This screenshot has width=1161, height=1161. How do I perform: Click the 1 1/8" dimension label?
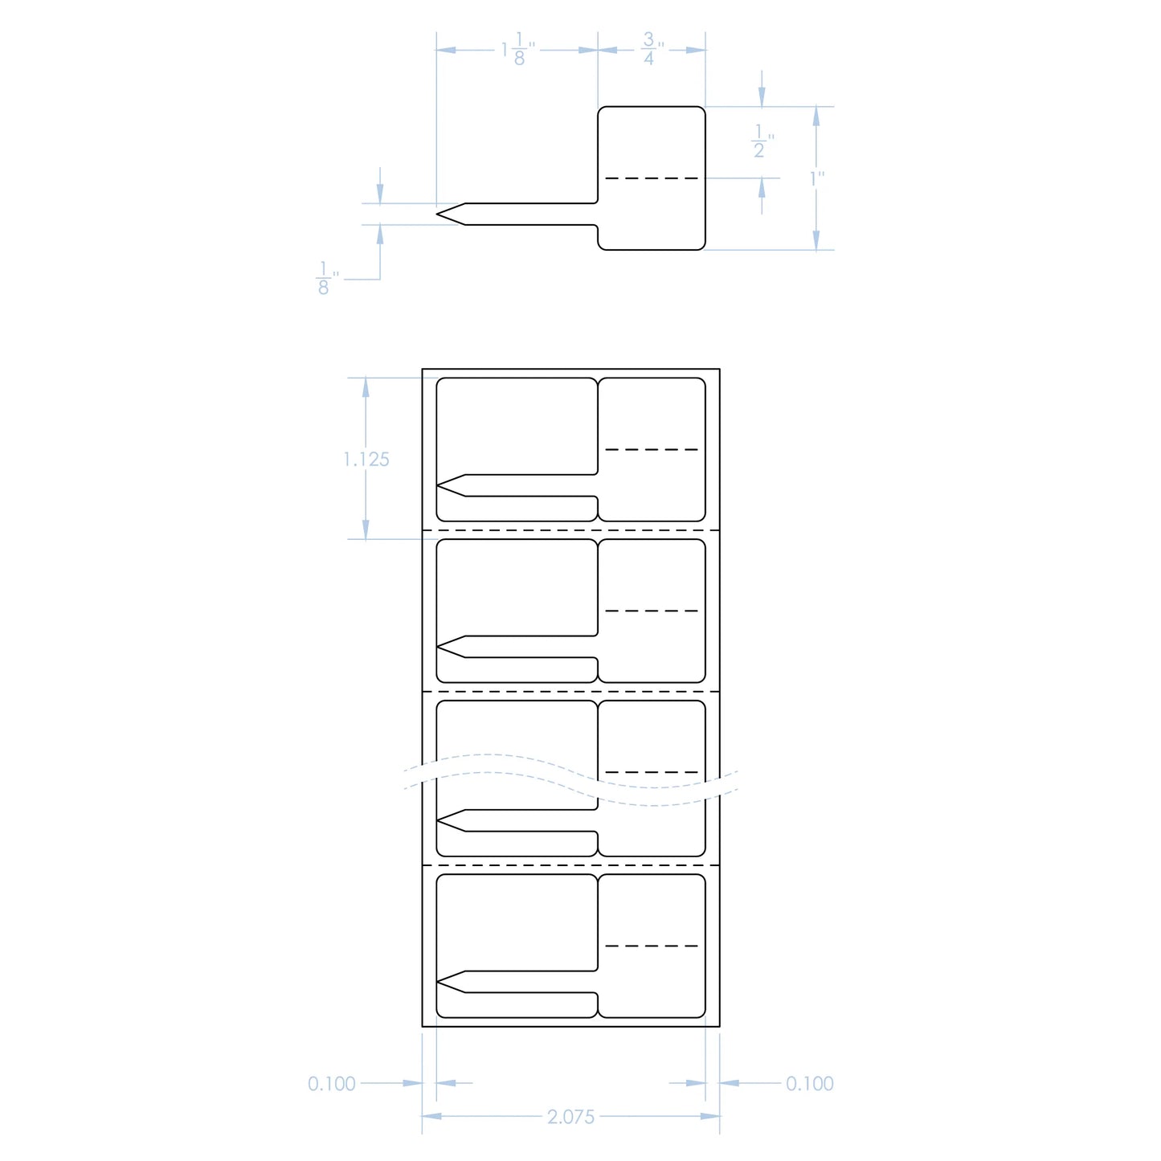pos(518,49)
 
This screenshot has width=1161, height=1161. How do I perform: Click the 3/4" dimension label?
pos(652,49)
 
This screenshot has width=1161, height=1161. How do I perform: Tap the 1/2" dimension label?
pos(762,141)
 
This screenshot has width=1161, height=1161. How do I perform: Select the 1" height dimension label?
pos(817,179)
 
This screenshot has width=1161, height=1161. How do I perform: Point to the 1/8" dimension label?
pos(327,278)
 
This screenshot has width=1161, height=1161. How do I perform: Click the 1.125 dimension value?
pos(366,460)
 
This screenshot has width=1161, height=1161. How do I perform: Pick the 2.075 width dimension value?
pos(570,1117)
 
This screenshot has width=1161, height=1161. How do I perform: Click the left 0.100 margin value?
pos(331,1083)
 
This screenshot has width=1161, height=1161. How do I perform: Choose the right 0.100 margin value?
pos(810,1083)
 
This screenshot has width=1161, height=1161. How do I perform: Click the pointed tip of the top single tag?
pos(437,214)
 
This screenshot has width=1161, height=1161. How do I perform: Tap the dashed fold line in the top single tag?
pos(652,178)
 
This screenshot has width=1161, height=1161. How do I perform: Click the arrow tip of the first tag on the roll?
pos(437,485)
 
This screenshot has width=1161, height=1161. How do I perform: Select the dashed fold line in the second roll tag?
pos(652,611)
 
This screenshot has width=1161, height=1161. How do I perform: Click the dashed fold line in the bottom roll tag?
pos(652,946)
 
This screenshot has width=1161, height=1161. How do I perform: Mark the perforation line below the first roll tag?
pos(570,530)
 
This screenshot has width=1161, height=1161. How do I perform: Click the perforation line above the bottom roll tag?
pos(570,865)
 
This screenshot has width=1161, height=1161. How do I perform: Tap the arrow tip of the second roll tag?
pos(437,647)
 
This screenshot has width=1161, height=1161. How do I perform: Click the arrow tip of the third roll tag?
pos(437,820)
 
